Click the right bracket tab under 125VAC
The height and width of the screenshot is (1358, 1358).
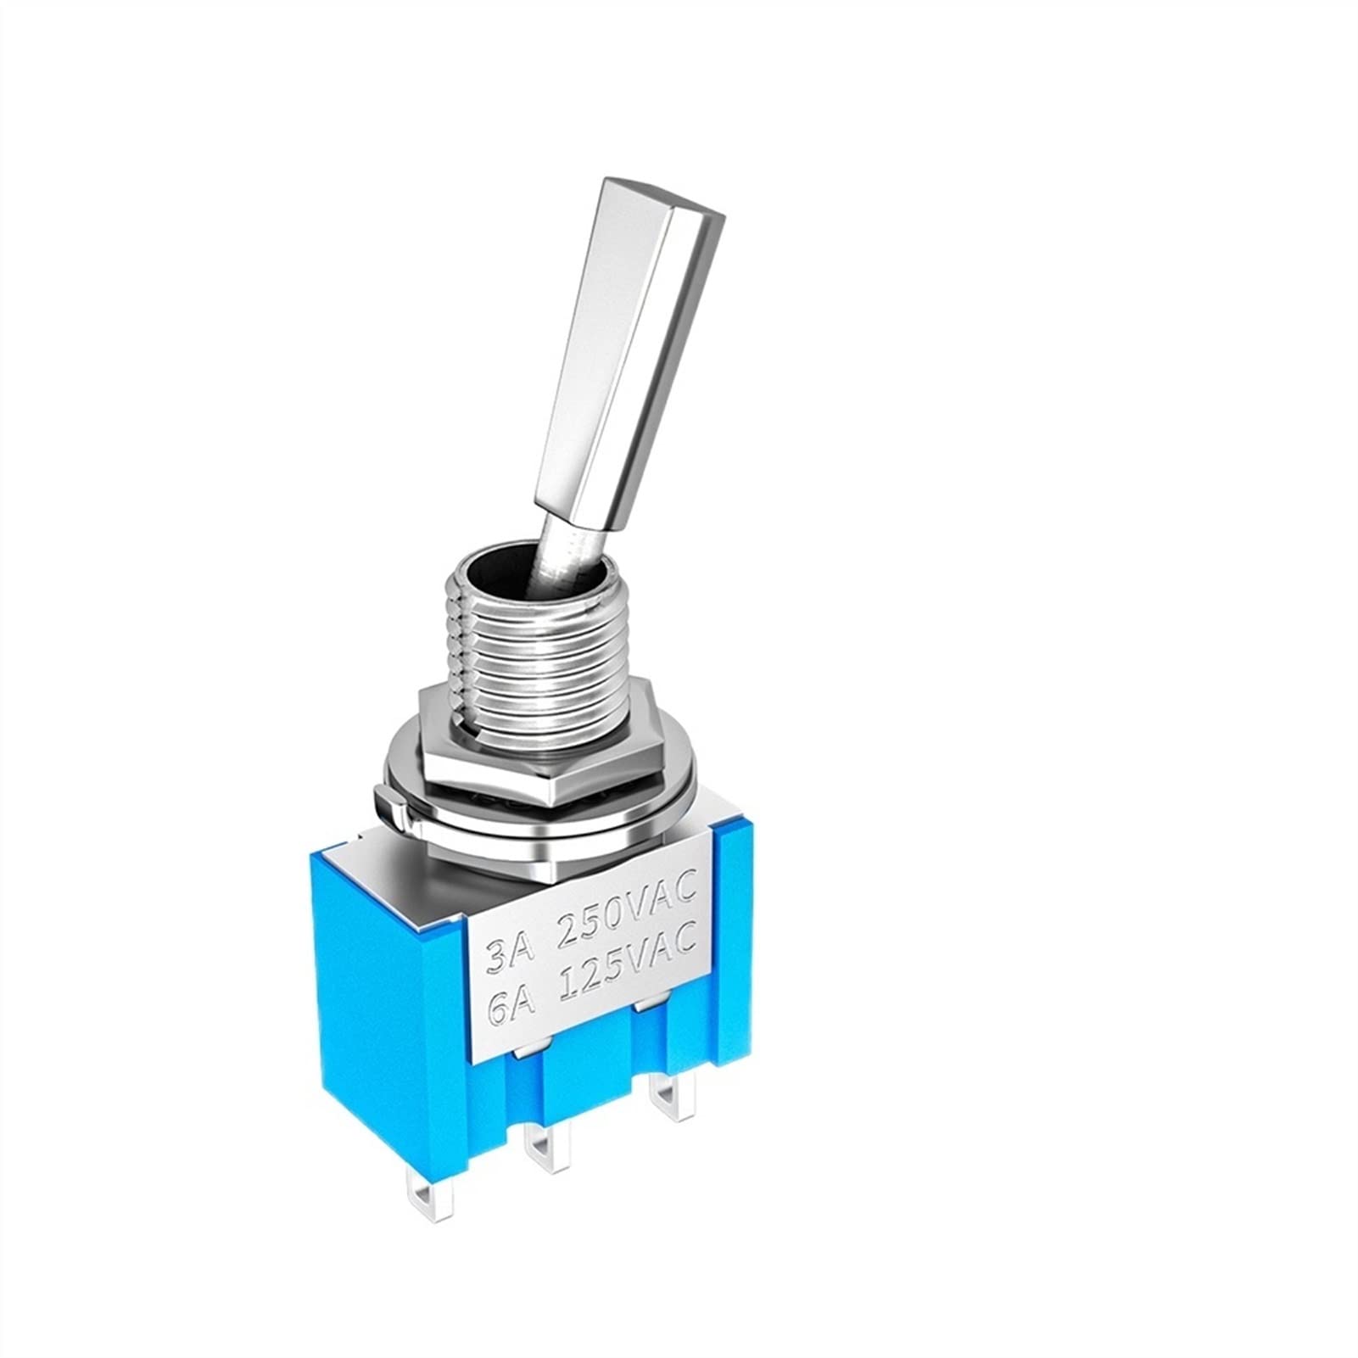pyautogui.click(x=649, y=1011)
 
